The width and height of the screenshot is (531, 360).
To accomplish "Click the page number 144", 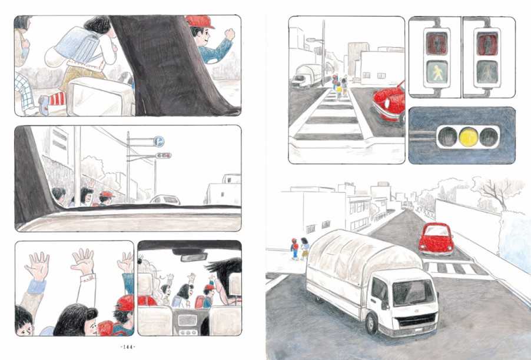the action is click(x=128, y=347).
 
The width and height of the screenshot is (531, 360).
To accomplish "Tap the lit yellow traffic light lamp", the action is click(x=469, y=136).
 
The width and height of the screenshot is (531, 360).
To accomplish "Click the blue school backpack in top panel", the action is click(x=77, y=44).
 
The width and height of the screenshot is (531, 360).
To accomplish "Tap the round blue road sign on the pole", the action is click(x=159, y=141).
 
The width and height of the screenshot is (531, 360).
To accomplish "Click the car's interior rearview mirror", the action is click(x=194, y=257).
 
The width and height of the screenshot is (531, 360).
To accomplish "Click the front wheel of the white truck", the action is click(x=371, y=323).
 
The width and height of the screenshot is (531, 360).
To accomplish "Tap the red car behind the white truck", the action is click(x=436, y=239).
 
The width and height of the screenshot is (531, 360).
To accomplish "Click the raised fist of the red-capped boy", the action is click(x=230, y=34).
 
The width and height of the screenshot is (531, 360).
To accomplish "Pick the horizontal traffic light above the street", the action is click(x=163, y=156).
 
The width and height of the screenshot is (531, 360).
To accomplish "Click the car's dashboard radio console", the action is click(x=187, y=321).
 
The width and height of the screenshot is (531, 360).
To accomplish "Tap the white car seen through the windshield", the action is click(x=165, y=199).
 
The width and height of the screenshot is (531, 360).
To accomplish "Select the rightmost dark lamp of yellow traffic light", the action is click(x=489, y=137).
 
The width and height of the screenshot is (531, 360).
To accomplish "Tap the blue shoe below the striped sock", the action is click(x=44, y=105).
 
